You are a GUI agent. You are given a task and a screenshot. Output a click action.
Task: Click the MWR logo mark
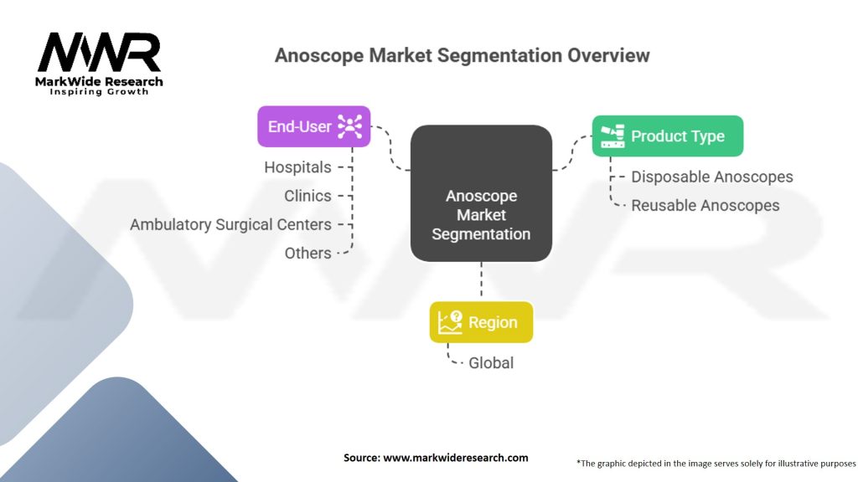99,52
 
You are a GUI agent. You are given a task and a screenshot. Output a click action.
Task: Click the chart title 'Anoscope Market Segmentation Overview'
462,55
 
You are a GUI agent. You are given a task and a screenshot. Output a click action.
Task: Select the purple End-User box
313,126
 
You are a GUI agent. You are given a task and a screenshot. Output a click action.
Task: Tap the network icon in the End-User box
349,126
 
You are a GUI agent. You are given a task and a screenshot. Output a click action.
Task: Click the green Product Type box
668,136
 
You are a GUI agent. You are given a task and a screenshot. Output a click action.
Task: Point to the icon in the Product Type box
612,136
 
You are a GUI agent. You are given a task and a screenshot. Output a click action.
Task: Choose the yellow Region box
481,322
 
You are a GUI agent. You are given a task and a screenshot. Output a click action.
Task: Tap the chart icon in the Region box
450,322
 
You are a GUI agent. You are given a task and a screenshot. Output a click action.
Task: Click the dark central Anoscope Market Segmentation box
481,193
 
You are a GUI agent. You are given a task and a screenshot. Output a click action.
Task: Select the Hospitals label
297,167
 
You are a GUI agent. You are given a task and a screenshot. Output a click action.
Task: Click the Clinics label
308,196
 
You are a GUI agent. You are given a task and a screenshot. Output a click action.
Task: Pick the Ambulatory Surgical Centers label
230,224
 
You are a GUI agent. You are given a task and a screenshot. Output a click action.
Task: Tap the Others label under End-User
308,253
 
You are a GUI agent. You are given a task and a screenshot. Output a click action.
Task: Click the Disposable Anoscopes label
712,177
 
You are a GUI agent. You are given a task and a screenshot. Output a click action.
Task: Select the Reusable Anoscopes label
706,206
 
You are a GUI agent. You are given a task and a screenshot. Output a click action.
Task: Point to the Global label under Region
491,363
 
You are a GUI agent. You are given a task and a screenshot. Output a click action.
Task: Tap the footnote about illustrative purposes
716,464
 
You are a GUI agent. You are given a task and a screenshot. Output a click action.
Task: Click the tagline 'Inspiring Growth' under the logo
99,92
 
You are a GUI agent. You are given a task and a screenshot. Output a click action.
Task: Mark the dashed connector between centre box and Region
481,279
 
